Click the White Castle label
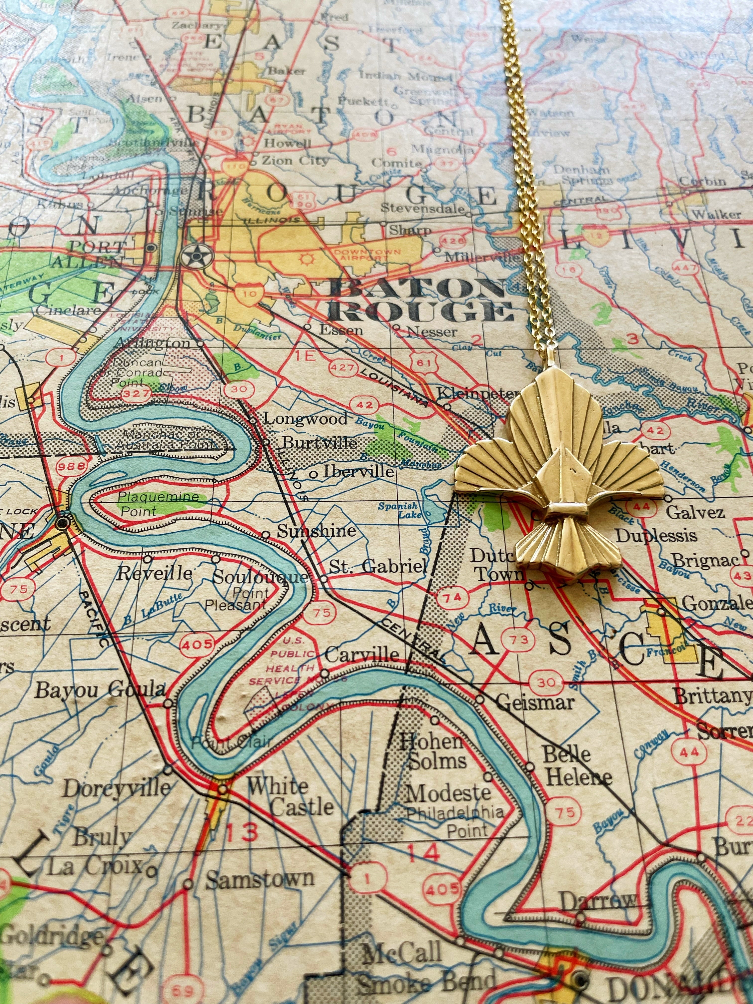click(291, 797)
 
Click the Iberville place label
click(358, 472)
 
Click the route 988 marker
click(71, 466)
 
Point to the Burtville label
click(319, 442)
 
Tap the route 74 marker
click(452, 598)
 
